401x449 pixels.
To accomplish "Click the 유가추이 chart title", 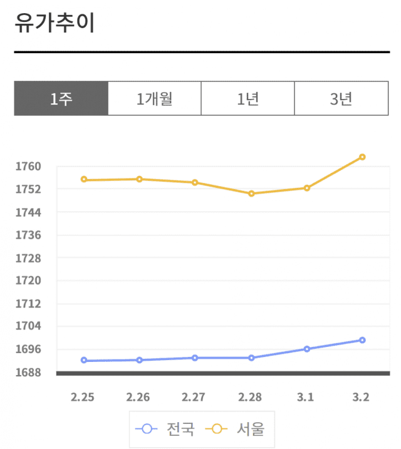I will (55, 23).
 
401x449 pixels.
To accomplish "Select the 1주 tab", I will (61, 99).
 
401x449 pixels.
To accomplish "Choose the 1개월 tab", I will (155, 99).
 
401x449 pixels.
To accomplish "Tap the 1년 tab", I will (248, 99).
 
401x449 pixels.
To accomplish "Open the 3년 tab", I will (341, 99).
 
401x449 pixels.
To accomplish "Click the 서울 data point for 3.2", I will (362, 157).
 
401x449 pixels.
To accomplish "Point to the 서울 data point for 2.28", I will (251, 194).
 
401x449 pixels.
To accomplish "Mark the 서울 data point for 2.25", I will (84, 180).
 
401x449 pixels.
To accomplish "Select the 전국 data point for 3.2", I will (362, 340).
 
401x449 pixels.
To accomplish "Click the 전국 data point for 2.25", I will (84, 361).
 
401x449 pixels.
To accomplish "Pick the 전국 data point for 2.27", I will (195, 358).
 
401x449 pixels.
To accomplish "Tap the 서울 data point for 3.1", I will (307, 188).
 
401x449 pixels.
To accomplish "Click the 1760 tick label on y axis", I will (29, 167).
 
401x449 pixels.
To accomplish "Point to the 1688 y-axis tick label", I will (29, 373).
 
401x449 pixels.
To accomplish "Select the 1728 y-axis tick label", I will (29, 258).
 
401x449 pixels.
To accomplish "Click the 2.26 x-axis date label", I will (138, 398).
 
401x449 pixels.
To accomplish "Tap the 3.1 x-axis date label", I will (306, 398).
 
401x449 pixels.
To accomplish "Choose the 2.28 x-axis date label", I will (250, 398).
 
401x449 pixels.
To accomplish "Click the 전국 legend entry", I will (167, 429).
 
